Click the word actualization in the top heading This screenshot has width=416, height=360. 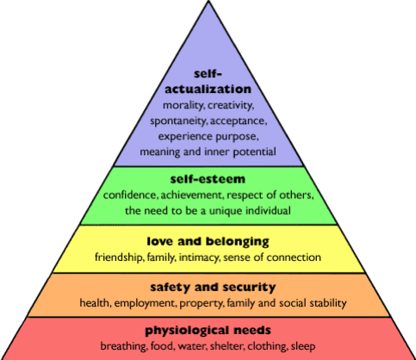point(208,89)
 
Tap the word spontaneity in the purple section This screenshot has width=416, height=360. point(178,121)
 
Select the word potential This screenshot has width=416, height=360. point(254,152)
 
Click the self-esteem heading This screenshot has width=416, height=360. point(208,179)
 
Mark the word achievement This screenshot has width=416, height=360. point(191,196)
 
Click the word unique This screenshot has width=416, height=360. point(226,211)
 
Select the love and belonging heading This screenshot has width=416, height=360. point(208,241)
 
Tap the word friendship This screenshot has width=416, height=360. point(119,258)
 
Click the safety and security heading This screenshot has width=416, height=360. point(213,287)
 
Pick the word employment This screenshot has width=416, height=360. point(146,303)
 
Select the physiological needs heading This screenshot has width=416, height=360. point(208,331)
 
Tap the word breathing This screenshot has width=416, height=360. point(123,346)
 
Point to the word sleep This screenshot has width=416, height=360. point(303,346)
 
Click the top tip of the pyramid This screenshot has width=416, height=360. point(208,1)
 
